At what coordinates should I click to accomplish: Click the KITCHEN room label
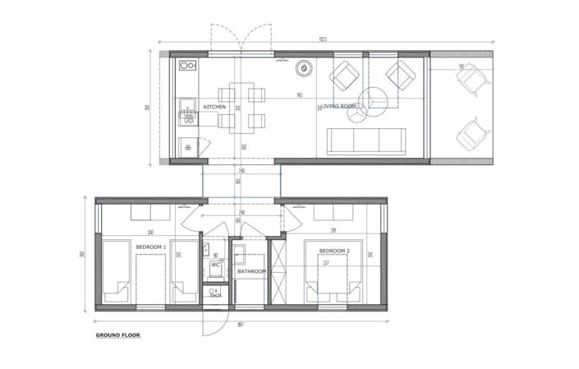tap(214, 107)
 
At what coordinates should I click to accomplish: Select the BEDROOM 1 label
tap(150, 247)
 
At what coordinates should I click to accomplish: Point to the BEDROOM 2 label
tap(334, 250)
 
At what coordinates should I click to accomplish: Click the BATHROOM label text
tap(252, 271)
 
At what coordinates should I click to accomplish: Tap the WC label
tap(214, 265)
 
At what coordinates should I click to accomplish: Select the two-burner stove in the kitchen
tap(188, 66)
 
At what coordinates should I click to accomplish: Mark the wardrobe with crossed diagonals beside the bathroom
tap(279, 270)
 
